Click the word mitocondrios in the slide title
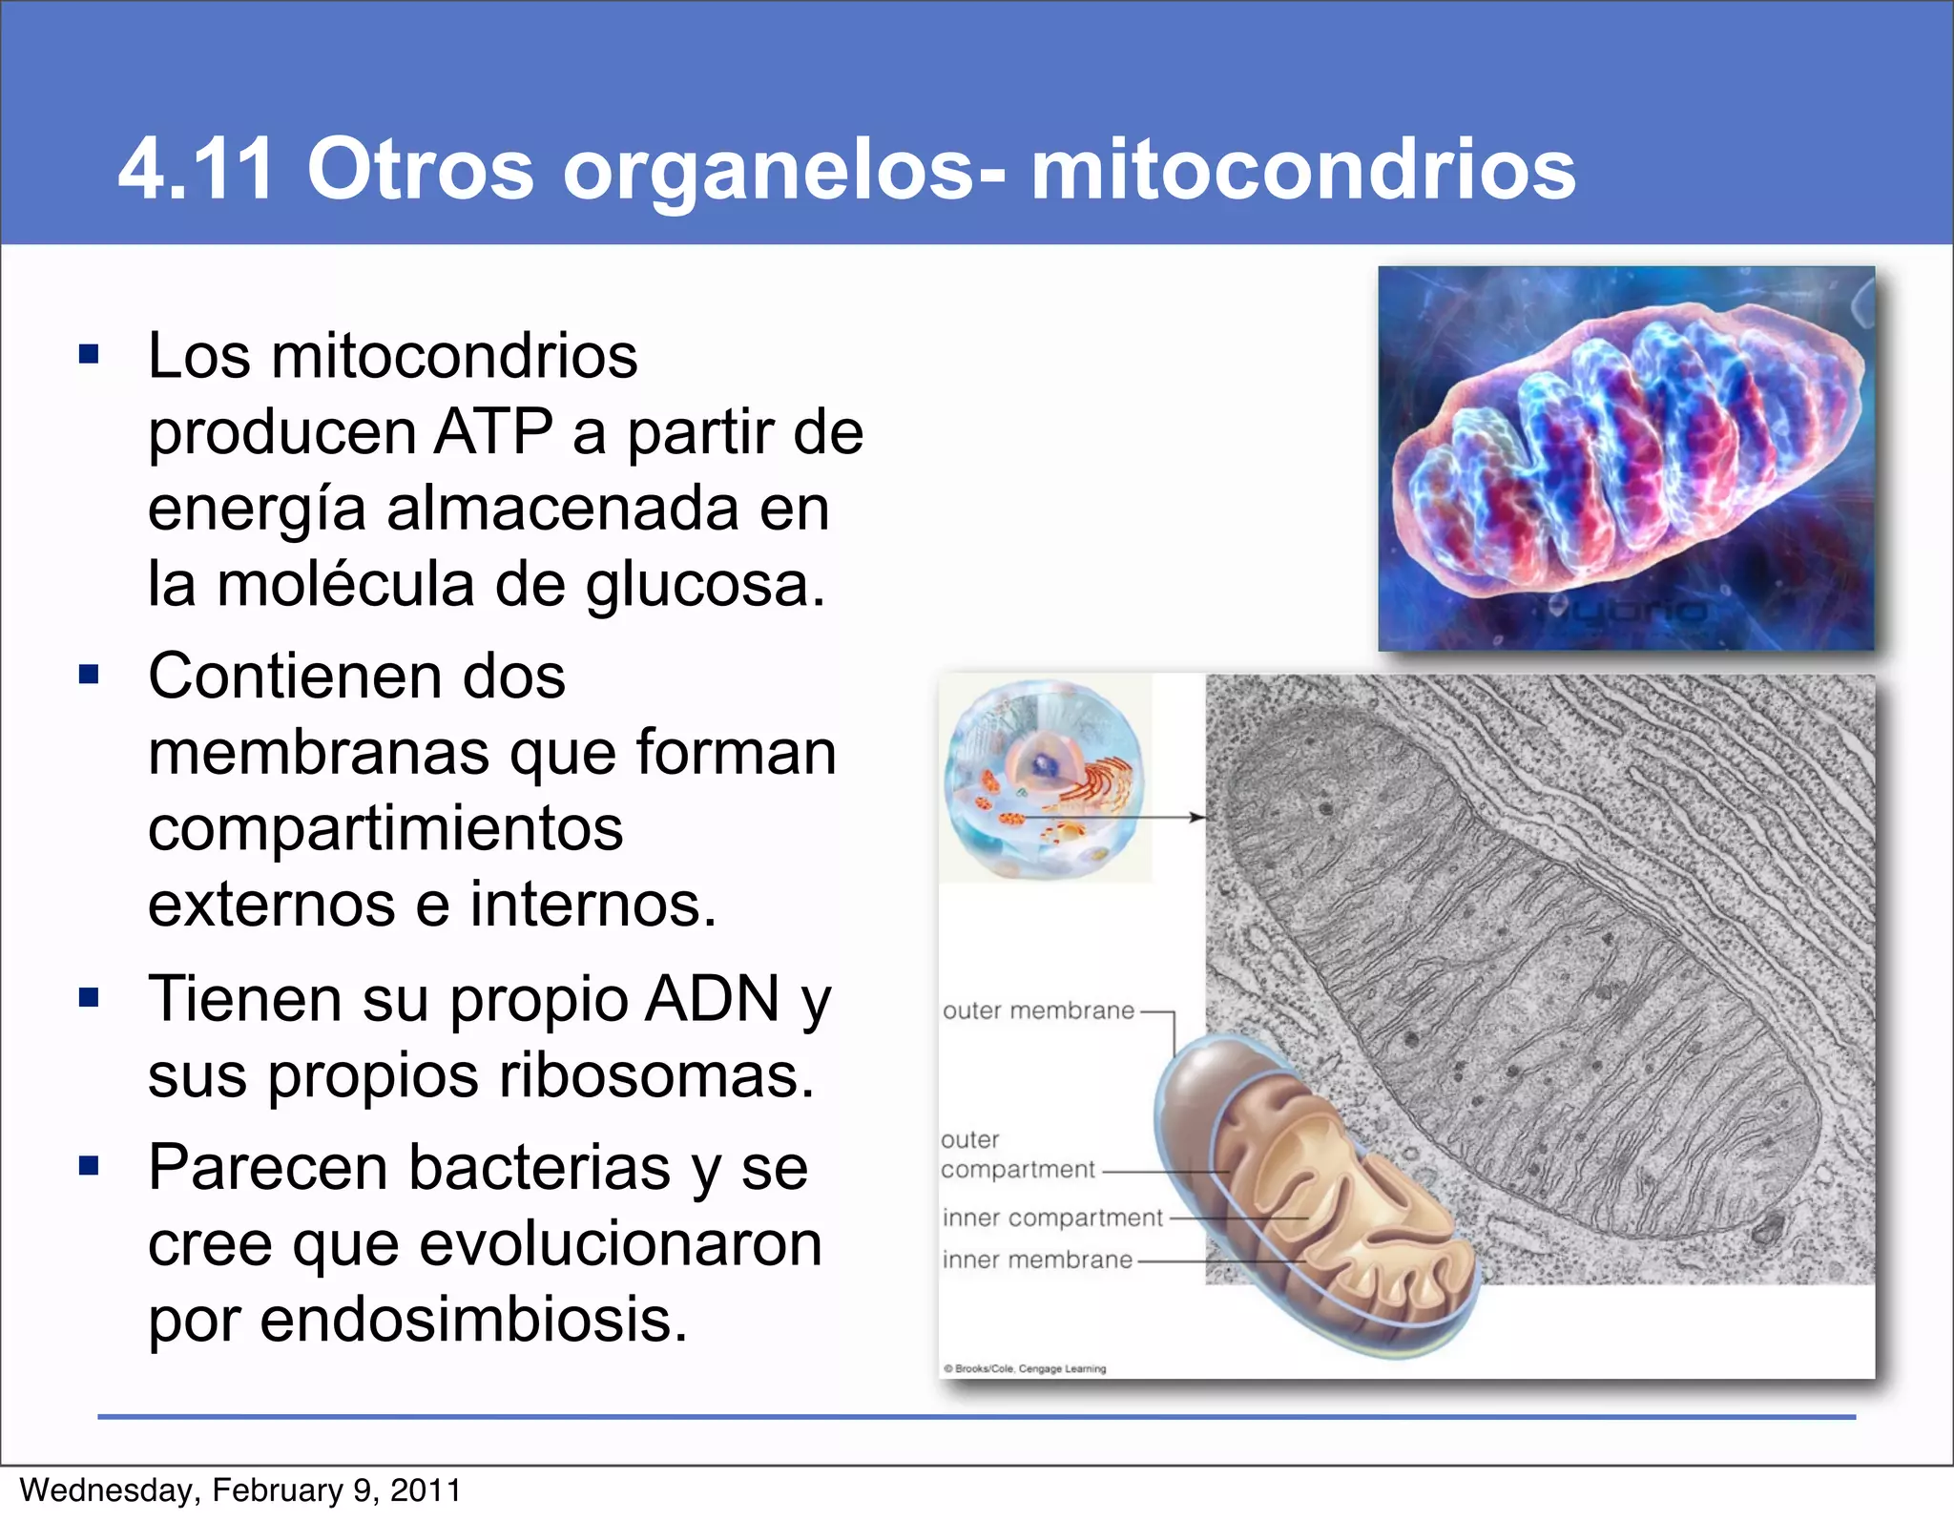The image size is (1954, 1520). click(1302, 170)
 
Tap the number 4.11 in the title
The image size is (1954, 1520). click(197, 170)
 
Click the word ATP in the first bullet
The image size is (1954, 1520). click(492, 432)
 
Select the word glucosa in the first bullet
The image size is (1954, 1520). click(704, 585)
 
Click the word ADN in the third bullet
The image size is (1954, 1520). click(713, 999)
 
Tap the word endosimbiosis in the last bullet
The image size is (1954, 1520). click(473, 1320)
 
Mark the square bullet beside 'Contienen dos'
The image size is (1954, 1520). click(90, 676)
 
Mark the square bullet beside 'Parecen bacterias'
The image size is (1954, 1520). click(90, 1165)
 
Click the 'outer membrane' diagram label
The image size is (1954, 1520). click(1038, 1010)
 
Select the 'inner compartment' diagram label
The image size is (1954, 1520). click(1051, 1218)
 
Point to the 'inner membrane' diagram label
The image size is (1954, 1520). click(1037, 1260)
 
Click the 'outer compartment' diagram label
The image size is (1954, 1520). click(1016, 1155)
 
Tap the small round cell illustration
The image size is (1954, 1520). click(1043, 779)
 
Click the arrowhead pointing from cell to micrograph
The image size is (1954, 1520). click(1196, 817)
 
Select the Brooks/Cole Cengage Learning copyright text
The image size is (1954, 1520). click(1026, 1368)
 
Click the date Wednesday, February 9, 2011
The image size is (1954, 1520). click(240, 1490)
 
